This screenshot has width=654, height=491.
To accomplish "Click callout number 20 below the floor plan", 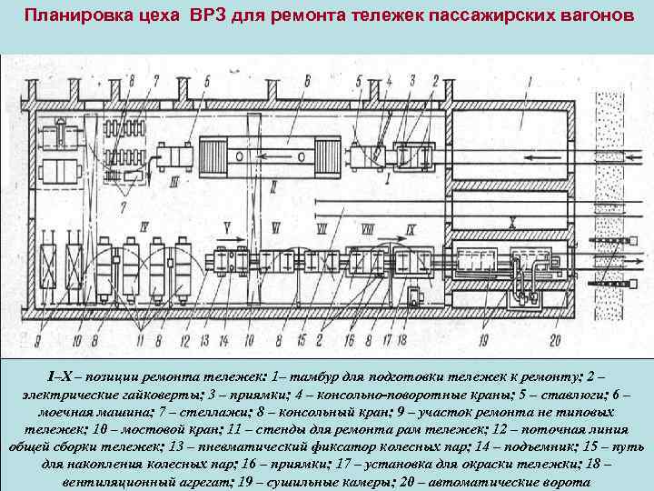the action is (555, 342).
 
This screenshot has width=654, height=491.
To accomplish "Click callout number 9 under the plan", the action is (39, 342).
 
